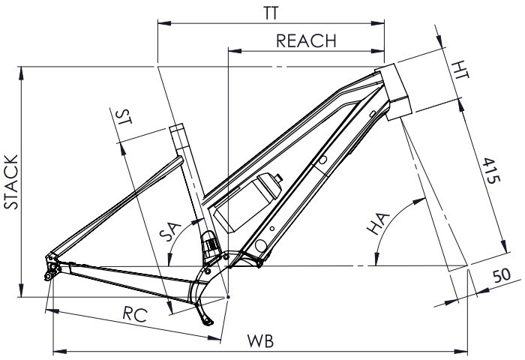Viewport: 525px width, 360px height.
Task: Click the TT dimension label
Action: point(271,13)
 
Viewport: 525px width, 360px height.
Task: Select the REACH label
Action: point(306,40)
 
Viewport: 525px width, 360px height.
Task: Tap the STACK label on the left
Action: point(11,182)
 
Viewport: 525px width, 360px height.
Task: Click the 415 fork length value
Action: point(491,170)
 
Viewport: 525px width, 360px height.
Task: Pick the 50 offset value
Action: point(502,275)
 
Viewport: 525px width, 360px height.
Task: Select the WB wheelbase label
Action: point(260,341)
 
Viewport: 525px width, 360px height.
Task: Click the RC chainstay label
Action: point(135,314)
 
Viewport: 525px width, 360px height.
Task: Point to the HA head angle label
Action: point(378,223)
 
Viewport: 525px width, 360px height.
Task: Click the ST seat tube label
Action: point(123,117)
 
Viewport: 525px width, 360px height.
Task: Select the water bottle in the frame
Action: point(247,202)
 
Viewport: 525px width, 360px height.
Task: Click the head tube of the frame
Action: point(393,91)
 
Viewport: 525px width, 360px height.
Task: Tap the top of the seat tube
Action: point(176,126)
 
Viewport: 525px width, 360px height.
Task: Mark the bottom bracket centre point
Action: point(228,297)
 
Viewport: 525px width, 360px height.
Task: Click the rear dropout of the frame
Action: point(52,267)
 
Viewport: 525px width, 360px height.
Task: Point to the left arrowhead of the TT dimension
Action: point(164,23)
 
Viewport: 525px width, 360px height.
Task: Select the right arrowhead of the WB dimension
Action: point(460,352)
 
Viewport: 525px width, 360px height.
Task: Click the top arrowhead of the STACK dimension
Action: point(22,73)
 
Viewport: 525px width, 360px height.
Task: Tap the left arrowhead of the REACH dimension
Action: point(235,51)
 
